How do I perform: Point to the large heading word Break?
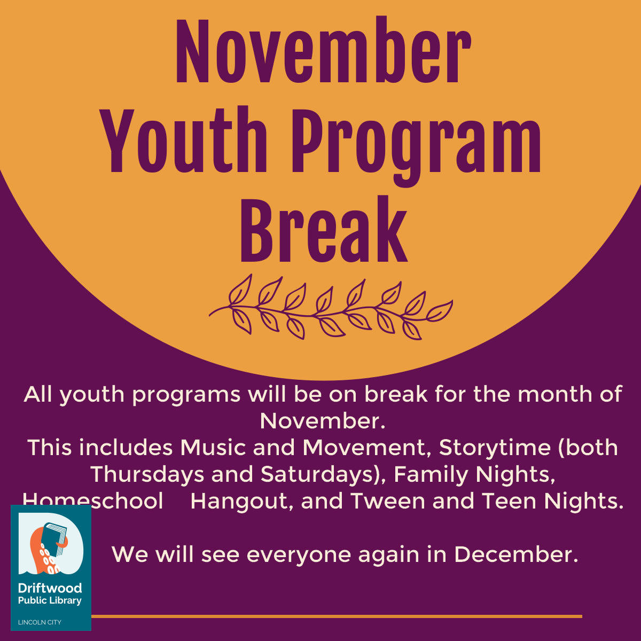point(323,229)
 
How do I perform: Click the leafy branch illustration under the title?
point(331,307)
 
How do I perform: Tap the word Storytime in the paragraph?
point(495,448)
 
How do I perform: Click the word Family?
point(431,474)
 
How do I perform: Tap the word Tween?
point(387,501)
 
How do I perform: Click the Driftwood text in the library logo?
point(50,588)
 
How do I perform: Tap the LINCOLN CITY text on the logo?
point(40,622)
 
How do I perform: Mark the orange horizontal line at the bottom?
point(337,616)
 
